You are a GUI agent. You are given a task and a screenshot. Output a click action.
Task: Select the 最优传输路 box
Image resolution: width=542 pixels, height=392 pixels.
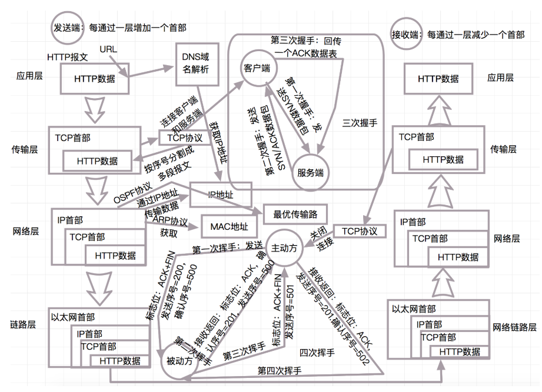tap(295, 215)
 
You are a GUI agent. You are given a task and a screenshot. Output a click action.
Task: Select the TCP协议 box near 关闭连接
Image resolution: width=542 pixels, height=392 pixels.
tap(359, 231)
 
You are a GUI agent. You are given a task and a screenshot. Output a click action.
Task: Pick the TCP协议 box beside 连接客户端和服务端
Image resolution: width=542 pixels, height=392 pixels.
tap(185, 138)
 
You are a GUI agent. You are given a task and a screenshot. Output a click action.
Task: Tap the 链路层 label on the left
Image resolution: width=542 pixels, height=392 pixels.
tap(24, 324)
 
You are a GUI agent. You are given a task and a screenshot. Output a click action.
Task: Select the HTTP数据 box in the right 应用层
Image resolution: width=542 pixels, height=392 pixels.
tap(438, 78)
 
